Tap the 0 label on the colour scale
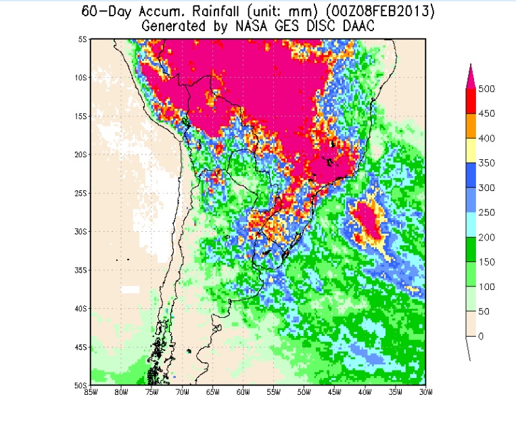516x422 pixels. [482, 337]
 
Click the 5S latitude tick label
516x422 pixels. [83, 39]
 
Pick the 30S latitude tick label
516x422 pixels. [82, 232]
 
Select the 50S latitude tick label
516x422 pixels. [82, 385]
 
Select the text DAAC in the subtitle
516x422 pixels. [358, 26]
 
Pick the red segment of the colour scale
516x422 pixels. [471, 101]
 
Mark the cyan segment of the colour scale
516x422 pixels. [471, 225]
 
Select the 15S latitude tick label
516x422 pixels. [82, 117]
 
